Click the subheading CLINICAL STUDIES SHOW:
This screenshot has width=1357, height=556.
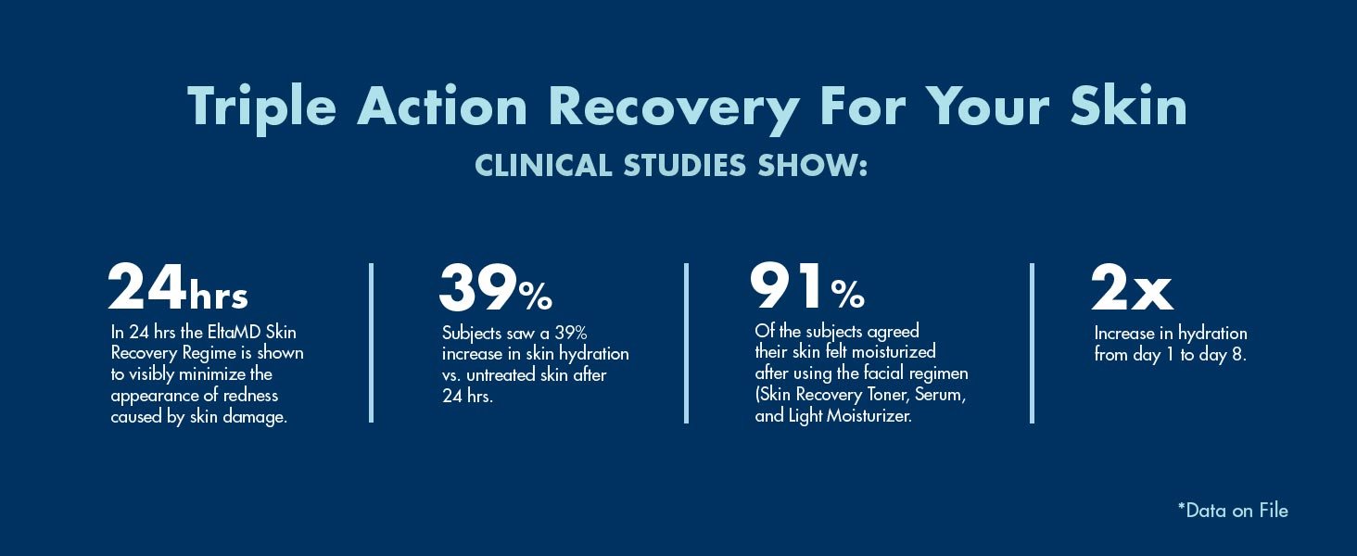(x=671, y=165)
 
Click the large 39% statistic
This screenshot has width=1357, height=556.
(x=495, y=289)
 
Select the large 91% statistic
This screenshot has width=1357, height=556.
(x=806, y=289)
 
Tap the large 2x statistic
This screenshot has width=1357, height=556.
(x=1132, y=289)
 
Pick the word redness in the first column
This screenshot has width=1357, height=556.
(x=247, y=396)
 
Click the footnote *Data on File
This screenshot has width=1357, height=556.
(x=1232, y=510)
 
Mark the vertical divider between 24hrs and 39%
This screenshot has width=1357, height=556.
(x=372, y=343)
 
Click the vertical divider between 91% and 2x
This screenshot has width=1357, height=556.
(x=1032, y=343)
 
